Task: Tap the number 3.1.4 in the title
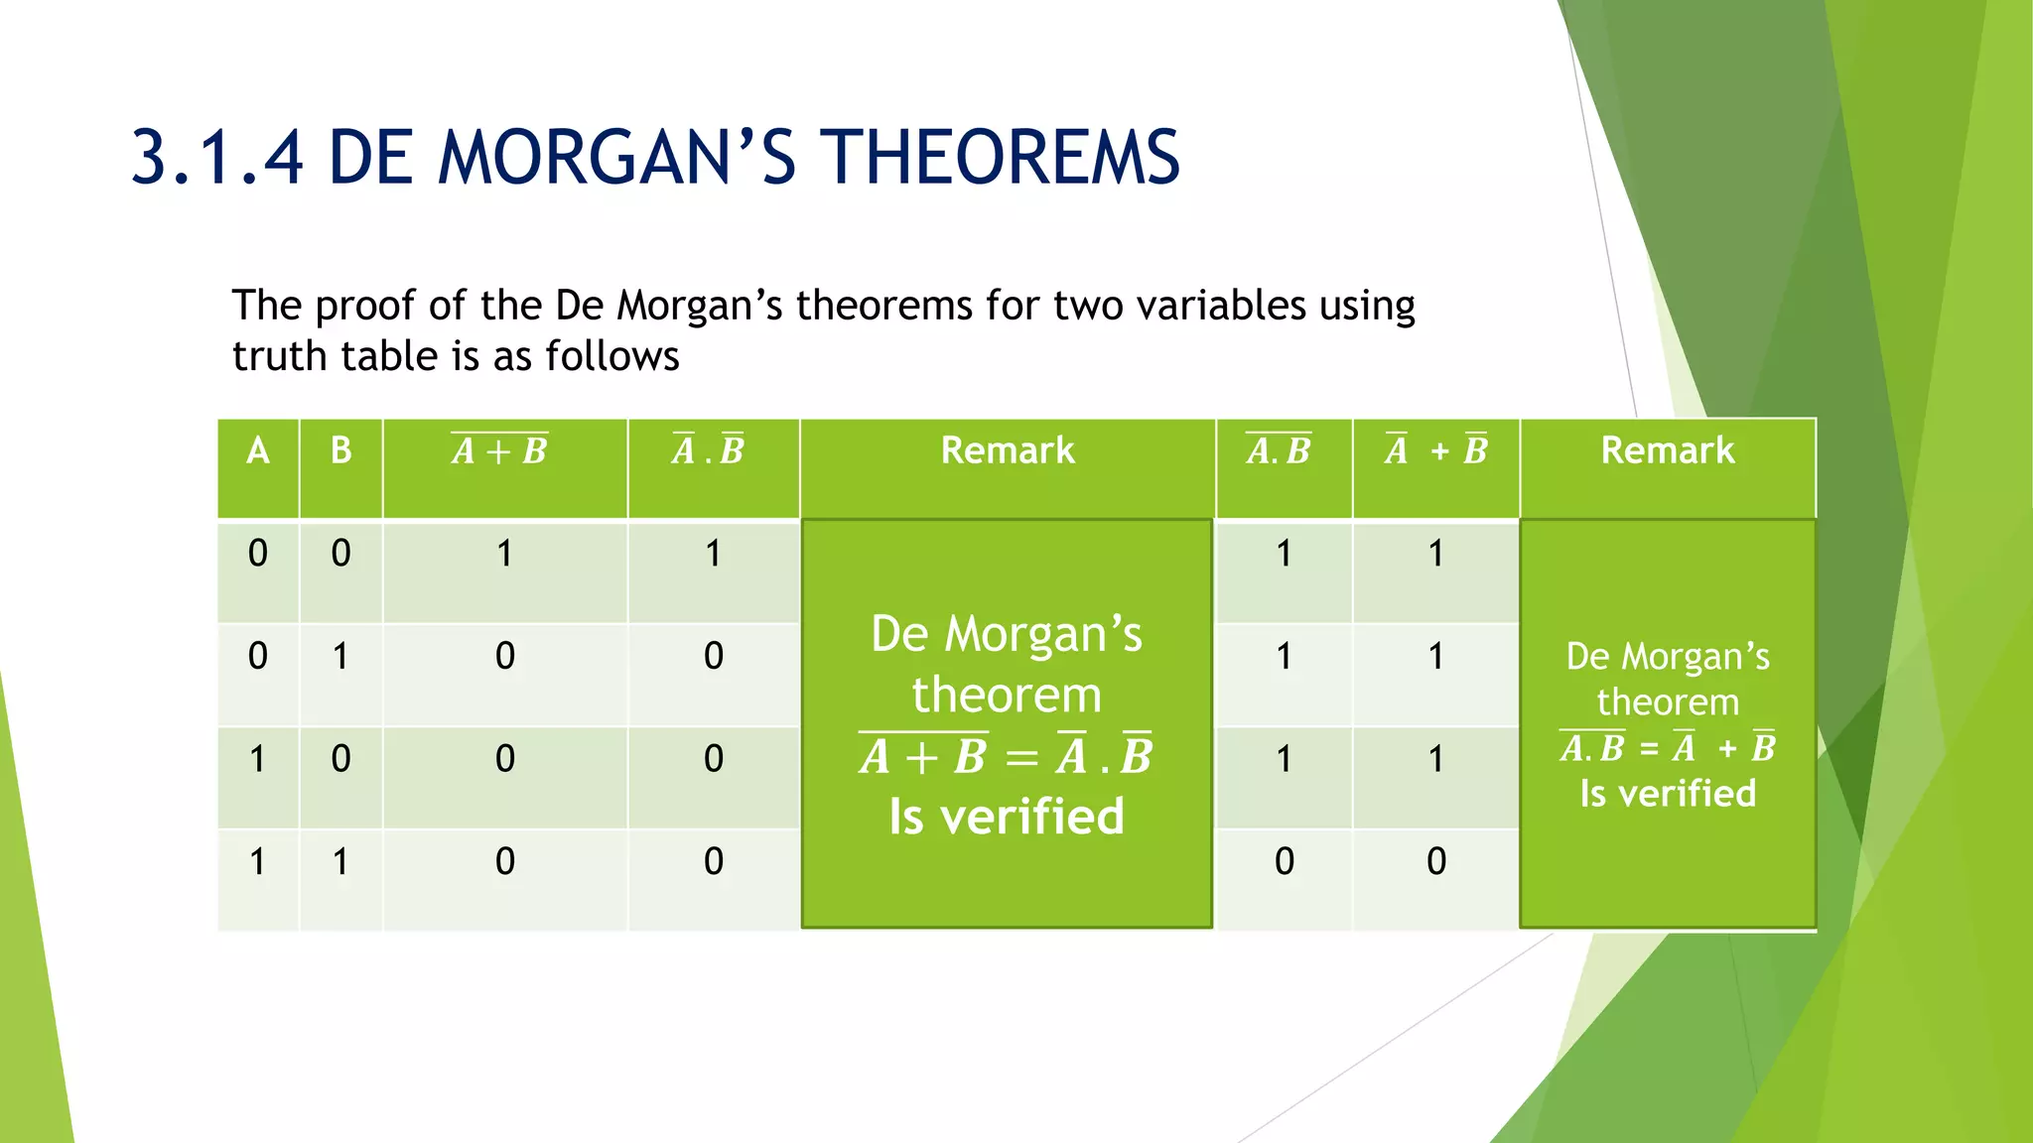pyautogui.click(x=216, y=158)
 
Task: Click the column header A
pyautogui.click(x=258, y=451)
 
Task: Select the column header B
pyautogui.click(x=340, y=451)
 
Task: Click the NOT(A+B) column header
pyautogui.click(x=499, y=451)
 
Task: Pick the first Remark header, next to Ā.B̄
pyautogui.click(x=1007, y=451)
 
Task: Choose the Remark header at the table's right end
pyautogui.click(x=1667, y=451)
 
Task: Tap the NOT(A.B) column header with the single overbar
pyautogui.click(x=1279, y=451)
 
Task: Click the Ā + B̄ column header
pyautogui.click(x=1435, y=451)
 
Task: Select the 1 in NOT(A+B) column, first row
pyautogui.click(x=504, y=554)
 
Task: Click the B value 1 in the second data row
pyautogui.click(x=340, y=657)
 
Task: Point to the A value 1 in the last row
pyautogui.click(x=258, y=861)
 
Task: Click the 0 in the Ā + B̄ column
pyautogui.click(x=1435, y=861)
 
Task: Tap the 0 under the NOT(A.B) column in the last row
pyautogui.click(x=1284, y=861)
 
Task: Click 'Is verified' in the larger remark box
pyautogui.click(x=1006, y=818)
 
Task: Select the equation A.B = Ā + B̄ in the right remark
pyautogui.click(x=1667, y=748)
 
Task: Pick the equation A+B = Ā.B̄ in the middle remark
pyautogui.click(x=1006, y=757)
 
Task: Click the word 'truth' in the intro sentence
pyautogui.click(x=281, y=356)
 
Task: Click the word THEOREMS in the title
pyautogui.click(x=1004, y=158)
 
